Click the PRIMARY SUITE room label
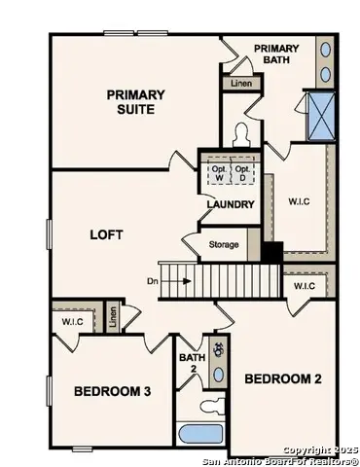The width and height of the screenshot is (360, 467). point(135,101)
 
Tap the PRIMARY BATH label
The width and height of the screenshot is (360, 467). point(276,54)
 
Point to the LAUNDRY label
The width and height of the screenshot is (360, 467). point(231,204)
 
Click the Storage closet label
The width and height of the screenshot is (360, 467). point(224,244)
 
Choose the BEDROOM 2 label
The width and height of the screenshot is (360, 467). point(282,377)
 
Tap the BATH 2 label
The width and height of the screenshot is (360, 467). point(192,363)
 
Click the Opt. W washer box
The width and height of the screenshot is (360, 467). point(218,173)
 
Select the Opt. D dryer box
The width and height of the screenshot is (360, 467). point(243,173)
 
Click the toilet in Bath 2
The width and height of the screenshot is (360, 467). point(210,406)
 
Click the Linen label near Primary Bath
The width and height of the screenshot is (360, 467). point(240,85)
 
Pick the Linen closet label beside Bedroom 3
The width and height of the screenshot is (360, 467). point(113,316)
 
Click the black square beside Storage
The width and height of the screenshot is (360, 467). point(271,250)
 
